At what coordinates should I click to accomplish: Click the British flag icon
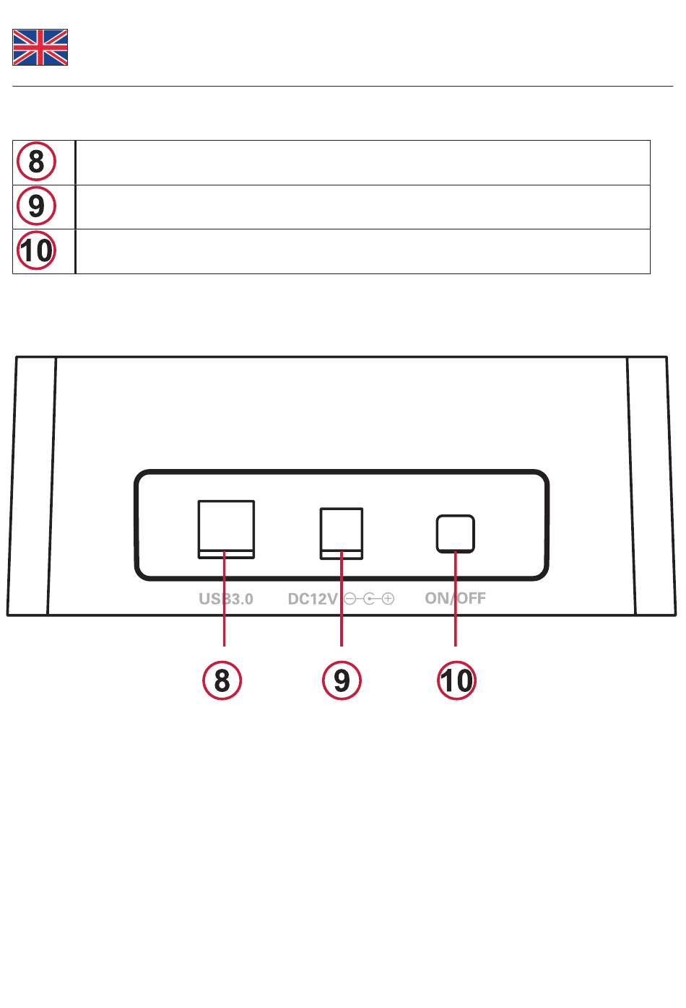click(x=40, y=48)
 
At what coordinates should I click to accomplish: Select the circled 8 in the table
click(x=36, y=162)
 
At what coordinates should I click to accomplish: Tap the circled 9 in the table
click(x=36, y=206)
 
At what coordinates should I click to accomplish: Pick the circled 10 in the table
click(x=36, y=251)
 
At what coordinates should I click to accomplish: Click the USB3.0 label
click(x=226, y=599)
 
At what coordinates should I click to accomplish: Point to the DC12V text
click(x=312, y=599)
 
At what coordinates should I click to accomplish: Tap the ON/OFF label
click(x=455, y=598)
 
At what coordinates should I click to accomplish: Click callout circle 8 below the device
click(x=222, y=680)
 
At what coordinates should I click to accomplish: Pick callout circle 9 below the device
click(x=342, y=680)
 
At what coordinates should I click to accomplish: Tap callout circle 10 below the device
click(x=456, y=680)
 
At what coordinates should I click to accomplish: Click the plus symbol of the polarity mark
click(x=388, y=599)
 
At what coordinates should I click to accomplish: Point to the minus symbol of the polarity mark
click(x=350, y=599)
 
